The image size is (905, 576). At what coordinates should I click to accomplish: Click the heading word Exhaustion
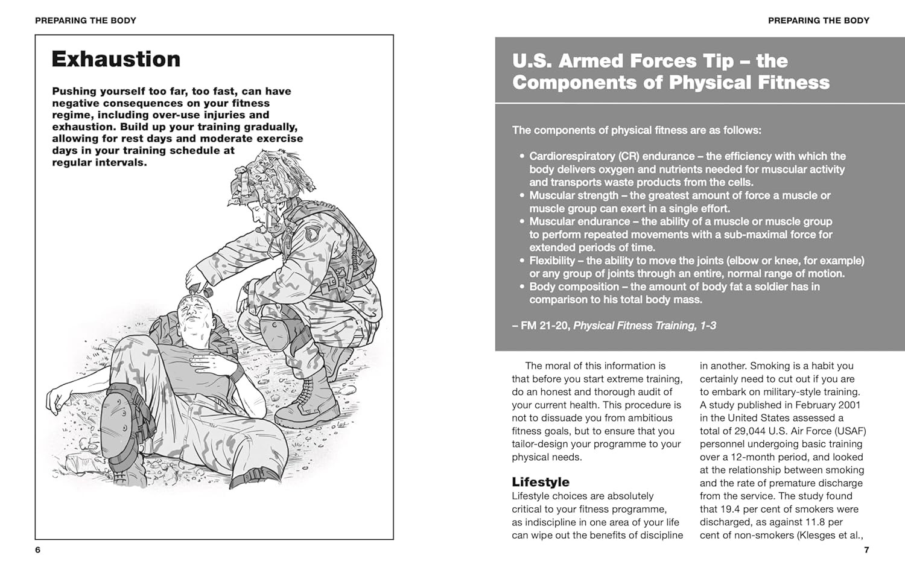116,59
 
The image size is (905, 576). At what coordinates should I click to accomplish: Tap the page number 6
37,549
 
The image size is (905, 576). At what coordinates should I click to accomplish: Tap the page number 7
866,549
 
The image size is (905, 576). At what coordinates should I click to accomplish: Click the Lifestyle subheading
541,482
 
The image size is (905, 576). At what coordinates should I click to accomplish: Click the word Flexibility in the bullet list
552,261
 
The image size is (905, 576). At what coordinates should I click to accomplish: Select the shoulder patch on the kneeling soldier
311,233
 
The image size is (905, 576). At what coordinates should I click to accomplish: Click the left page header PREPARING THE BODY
86,21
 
